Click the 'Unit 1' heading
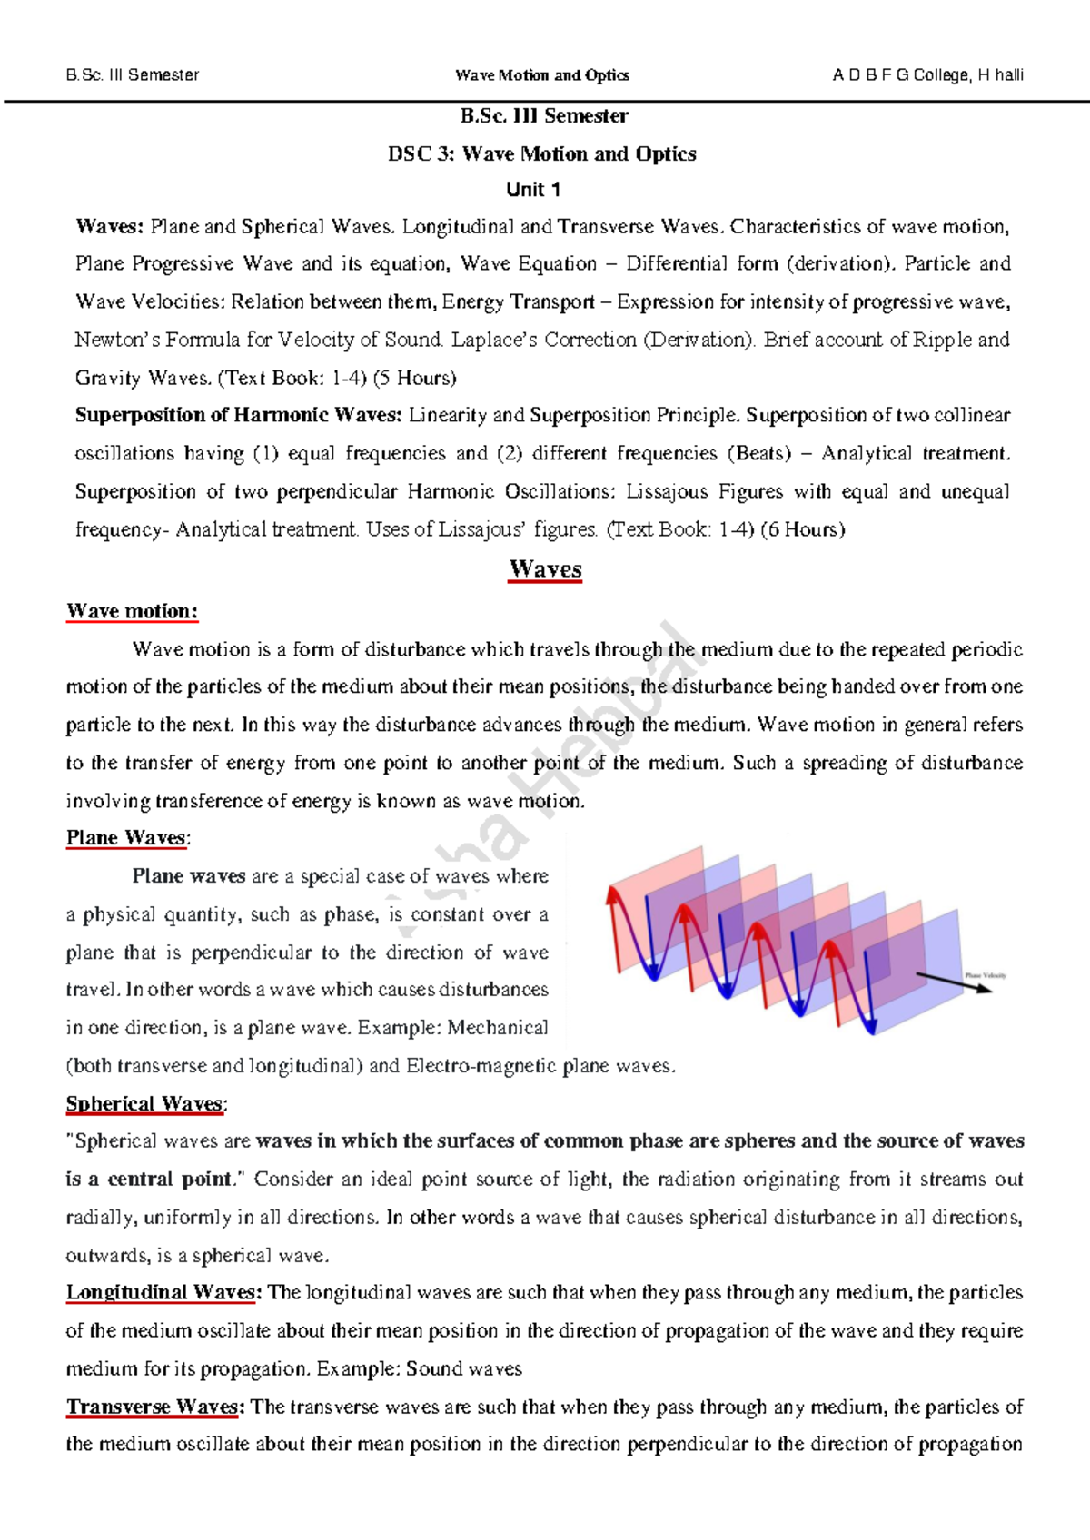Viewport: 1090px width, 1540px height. (x=533, y=190)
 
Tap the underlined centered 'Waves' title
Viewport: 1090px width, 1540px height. (x=545, y=569)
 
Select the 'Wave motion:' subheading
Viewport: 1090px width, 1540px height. (x=132, y=611)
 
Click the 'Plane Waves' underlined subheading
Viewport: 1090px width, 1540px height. (x=126, y=838)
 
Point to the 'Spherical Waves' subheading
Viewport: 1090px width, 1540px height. (x=144, y=1104)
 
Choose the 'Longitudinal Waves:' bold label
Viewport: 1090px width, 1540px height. (x=163, y=1293)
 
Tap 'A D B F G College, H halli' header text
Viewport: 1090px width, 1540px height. (x=927, y=75)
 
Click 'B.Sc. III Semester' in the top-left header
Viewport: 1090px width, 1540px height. (x=133, y=75)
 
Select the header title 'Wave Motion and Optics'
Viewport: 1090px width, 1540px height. (x=542, y=75)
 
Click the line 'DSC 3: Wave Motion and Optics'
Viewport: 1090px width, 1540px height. (x=542, y=154)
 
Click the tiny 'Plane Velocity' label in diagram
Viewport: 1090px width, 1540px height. (x=986, y=975)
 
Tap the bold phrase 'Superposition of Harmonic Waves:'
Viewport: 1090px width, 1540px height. (x=238, y=416)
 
